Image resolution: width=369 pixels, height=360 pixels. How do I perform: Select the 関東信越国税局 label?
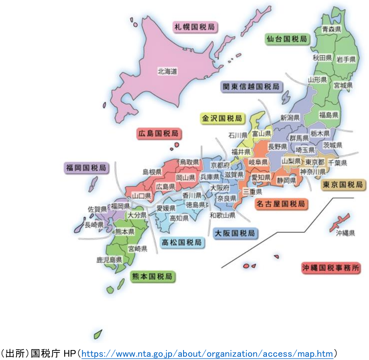pyautogui.click(x=251, y=87)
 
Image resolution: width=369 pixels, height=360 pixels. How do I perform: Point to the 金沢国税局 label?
pyautogui.click(x=222, y=118)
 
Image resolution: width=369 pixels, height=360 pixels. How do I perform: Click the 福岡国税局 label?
pyautogui.click(x=86, y=168)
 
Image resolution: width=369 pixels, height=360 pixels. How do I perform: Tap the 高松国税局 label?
pyautogui.click(x=182, y=242)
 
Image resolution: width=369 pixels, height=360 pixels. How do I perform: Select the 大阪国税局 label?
pyautogui.click(x=235, y=233)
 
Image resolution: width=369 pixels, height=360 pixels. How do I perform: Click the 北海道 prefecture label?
pyautogui.click(x=167, y=72)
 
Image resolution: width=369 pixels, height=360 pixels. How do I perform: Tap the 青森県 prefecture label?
pyautogui.click(x=332, y=29)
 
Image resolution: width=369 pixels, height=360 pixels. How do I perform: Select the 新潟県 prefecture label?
pyautogui.click(x=290, y=118)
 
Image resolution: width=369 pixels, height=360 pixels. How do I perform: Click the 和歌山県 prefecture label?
pyautogui.click(x=223, y=216)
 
